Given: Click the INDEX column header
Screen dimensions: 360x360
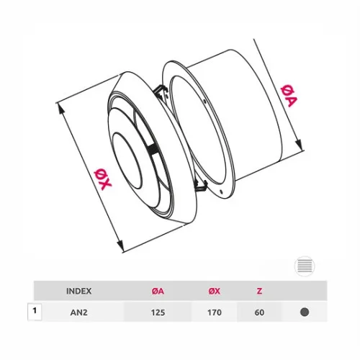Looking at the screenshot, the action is (x=78, y=291).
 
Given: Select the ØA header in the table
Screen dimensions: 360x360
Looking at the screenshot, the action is (x=158, y=291).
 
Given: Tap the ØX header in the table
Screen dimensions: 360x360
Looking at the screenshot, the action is (x=215, y=291).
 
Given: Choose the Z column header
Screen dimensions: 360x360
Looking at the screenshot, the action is (x=259, y=291).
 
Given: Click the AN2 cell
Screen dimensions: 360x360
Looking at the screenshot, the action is (x=78, y=312).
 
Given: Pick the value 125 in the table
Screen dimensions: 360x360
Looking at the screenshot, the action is (x=158, y=312).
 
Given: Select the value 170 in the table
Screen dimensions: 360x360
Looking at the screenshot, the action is (x=215, y=312).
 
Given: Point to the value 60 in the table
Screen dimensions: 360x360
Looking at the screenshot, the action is (x=259, y=312).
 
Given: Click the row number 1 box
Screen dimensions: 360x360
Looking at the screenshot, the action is (x=35, y=312).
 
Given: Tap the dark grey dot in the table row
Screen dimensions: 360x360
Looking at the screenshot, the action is (x=305, y=312).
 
